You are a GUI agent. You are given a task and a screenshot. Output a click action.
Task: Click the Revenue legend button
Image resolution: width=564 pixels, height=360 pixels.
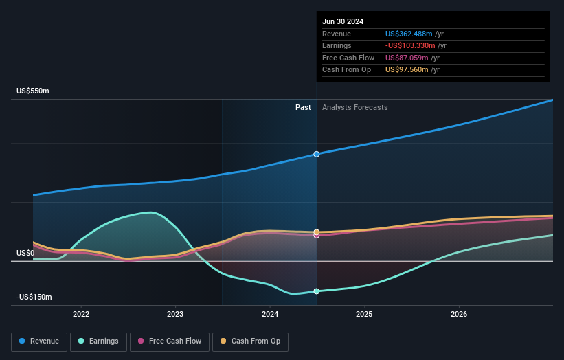pos(39,341)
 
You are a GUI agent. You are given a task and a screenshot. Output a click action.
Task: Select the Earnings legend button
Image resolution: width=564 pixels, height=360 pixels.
pos(98,341)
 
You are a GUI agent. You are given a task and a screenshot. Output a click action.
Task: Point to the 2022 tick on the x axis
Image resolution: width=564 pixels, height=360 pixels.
pos(81,314)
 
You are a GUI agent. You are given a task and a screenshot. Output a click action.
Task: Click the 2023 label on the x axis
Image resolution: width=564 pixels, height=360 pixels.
pos(175,314)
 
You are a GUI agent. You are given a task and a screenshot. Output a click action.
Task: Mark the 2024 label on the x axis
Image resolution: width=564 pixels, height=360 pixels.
pos(270,314)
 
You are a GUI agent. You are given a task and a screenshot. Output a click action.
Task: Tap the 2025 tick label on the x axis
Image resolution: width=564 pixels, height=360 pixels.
pos(364,314)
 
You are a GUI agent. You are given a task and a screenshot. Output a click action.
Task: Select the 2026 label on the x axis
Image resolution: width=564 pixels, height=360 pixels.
pos(459,314)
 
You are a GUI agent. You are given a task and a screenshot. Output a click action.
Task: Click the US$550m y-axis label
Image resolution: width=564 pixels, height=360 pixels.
pos(33,91)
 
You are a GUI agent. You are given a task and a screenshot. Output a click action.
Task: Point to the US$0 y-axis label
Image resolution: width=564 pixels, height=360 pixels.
pos(25,253)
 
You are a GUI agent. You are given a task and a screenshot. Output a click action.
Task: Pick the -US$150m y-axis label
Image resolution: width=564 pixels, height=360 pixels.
pos(34,297)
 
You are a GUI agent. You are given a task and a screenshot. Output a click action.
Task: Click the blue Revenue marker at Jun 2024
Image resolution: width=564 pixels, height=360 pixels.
pos(317,154)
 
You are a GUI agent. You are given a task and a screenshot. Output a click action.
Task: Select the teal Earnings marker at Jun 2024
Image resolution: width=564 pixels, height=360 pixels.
pos(317,291)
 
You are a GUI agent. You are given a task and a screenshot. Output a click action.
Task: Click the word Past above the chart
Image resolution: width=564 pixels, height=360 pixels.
pos(303,108)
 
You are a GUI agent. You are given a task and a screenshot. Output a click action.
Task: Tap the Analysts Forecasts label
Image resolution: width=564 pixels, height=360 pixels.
pos(354,108)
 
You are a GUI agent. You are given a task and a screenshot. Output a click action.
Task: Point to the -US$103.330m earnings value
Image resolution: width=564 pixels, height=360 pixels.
pos(411,46)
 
